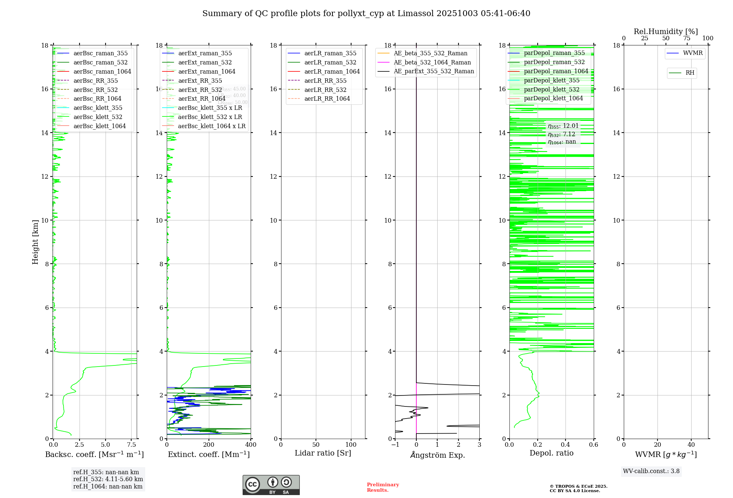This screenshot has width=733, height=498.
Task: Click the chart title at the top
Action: pyautogui.click(x=366, y=14)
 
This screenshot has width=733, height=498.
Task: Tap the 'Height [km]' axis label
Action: pyautogui.click(x=35, y=242)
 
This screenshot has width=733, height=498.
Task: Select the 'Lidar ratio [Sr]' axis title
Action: pyautogui.click(x=323, y=453)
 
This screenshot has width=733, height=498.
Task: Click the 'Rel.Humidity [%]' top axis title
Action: pyautogui.click(x=666, y=31)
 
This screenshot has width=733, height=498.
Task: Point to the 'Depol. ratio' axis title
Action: pyautogui.click(x=551, y=453)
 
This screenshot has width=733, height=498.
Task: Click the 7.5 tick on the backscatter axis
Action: pyautogui.click(x=131, y=445)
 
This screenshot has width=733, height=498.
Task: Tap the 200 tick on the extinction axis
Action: pyautogui.click(x=209, y=445)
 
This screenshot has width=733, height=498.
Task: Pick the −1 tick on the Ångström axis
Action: pyautogui.click(x=395, y=445)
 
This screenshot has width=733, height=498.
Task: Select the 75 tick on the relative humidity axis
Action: pyautogui.click(x=687, y=38)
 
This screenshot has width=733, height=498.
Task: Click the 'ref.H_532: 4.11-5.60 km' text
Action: pyautogui.click(x=108, y=479)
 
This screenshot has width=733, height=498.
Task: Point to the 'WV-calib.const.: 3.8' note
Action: pyautogui.click(x=651, y=471)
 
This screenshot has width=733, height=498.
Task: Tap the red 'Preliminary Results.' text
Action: pyautogui.click(x=383, y=487)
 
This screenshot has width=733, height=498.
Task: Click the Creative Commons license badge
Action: pyautogui.click(x=271, y=485)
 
